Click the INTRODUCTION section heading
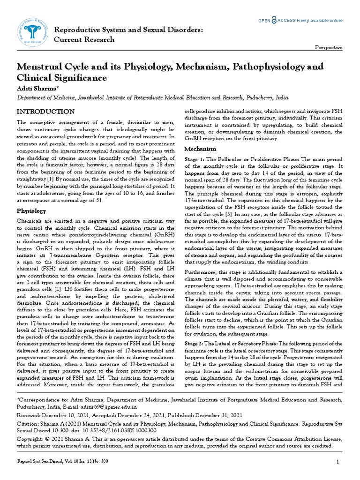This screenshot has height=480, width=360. (x=45, y=112)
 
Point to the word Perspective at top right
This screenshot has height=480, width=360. (x=328, y=48)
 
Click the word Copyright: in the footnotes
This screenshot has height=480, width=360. (x=33, y=438)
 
